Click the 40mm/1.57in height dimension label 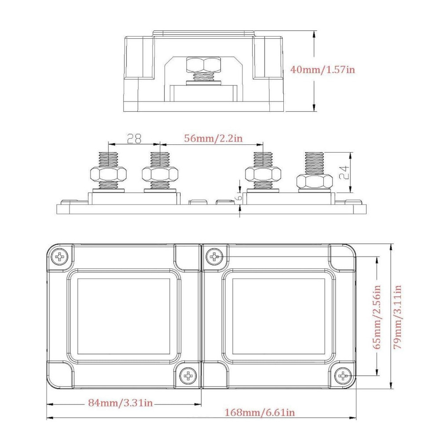point(322,70)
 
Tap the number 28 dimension point(134,139)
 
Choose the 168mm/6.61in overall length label point(260,413)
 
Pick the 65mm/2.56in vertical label point(377,317)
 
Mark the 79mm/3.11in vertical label point(397,317)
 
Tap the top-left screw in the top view point(59,256)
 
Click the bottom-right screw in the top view point(342,376)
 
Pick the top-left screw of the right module point(214,256)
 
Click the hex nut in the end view point(202,65)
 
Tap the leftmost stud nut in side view point(108,175)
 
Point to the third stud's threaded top point(262,159)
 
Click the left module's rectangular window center point(124,316)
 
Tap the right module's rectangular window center point(278,316)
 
